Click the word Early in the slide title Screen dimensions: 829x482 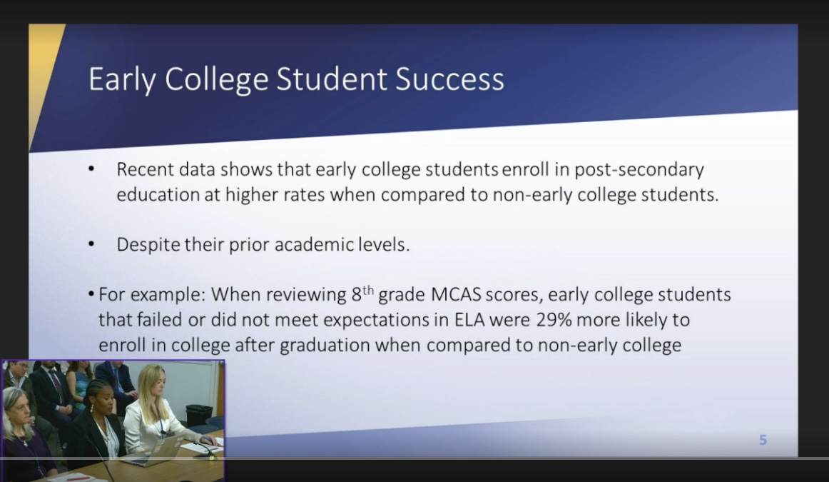[122, 79]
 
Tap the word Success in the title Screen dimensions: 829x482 [449, 79]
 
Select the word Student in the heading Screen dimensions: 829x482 [332, 79]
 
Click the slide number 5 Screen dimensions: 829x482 [763, 440]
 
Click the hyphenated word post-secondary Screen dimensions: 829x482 [639, 170]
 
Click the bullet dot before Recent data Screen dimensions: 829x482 [91, 169]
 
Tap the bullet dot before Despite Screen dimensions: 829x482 [91, 244]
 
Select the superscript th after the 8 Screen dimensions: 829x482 [368, 289]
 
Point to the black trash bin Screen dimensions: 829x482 [199, 416]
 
